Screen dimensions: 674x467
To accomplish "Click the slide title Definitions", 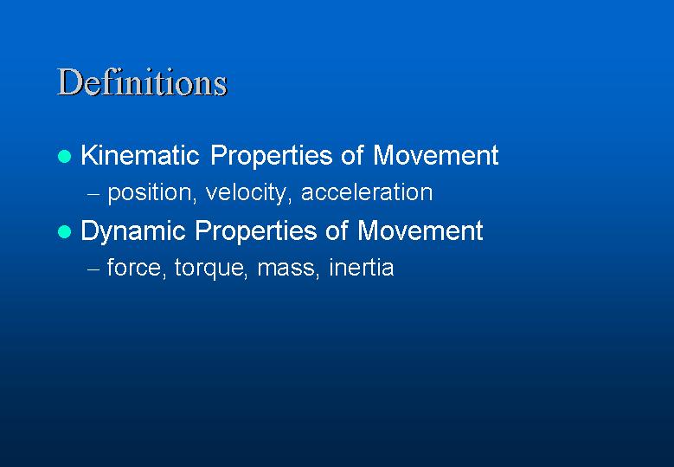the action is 142,81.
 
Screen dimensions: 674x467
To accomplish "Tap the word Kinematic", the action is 140,154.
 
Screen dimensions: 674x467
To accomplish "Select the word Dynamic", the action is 133,232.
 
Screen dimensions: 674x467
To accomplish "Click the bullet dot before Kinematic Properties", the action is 65,156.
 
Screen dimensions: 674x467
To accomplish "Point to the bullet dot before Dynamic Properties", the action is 65,232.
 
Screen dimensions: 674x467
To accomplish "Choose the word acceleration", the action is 367,192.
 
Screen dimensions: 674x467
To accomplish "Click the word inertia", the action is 362,267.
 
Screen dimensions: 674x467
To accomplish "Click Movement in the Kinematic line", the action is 436,154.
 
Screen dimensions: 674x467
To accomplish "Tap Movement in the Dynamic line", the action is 420,230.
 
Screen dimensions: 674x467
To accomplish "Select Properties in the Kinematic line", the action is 272,156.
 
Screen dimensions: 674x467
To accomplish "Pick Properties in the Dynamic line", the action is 256,231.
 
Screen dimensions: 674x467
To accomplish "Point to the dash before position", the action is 93,194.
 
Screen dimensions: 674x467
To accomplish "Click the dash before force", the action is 93,269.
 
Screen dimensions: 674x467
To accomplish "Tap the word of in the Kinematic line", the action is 353,154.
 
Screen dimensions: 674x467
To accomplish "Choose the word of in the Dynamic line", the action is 337,230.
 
